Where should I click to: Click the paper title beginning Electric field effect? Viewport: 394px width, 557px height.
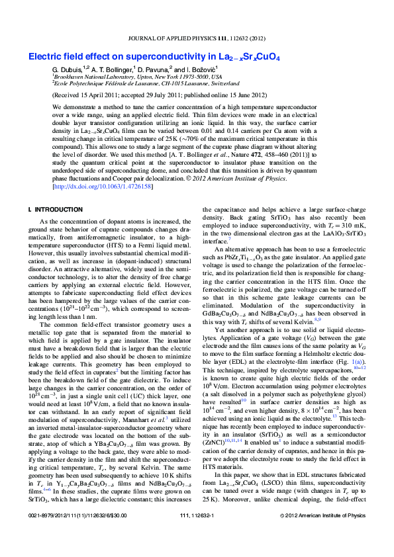pyautogui.click(x=154, y=58)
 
